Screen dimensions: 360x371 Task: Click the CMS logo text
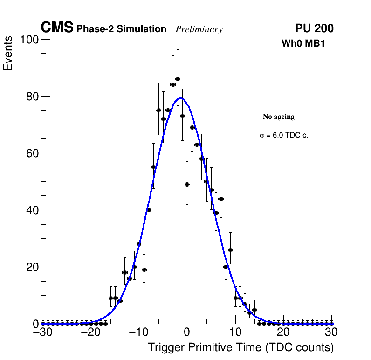(x=57, y=28)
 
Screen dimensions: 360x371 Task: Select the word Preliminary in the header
(x=199, y=29)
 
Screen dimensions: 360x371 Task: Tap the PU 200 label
(x=314, y=28)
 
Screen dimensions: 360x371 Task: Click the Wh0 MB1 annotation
(x=303, y=44)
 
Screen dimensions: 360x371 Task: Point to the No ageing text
(x=279, y=117)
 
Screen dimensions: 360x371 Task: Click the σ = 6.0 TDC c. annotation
(x=284, y=135)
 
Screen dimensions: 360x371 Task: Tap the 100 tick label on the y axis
(x=29, y=40)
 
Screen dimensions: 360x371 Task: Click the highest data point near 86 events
(x=178, y=79)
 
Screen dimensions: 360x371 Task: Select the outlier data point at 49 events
(x=187, y=184)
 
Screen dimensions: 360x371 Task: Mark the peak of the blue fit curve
(x=181, y=98)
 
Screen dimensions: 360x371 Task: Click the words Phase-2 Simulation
(x=121, y=29)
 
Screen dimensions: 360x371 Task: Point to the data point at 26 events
(x=230, y=250)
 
